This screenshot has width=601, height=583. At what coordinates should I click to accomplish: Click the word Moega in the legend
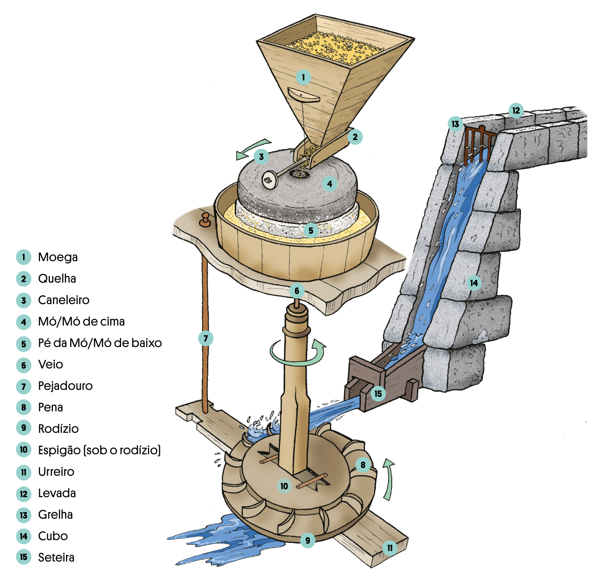pyautogui.click(x=58, y=257)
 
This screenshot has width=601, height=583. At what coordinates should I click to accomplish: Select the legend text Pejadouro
pyautogui.click(x=65, y=386)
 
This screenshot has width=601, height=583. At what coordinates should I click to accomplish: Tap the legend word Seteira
pyautogui.click(x=56, y=557)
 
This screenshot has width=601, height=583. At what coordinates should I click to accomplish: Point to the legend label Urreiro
pyautogui.click(x=56, y=472)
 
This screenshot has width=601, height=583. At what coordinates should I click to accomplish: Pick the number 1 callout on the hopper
pyautogui.click(x=303, y=77)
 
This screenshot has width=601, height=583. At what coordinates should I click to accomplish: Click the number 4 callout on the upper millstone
pyautogui.click(x=330, y=184)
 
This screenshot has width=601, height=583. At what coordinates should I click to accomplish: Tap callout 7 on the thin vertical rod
pyautogui.click(x=206, y=339)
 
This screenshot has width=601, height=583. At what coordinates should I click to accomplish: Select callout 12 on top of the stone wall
pyautogui.click(x=516, y=110)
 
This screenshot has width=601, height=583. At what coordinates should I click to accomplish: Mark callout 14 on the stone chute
pyautogui.click(x=474, y=283)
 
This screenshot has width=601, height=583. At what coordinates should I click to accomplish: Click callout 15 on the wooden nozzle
pyautogui.click(x=378, y=394)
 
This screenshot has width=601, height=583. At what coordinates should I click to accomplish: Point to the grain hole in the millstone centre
pyautogui.click(x=299, y=174)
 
